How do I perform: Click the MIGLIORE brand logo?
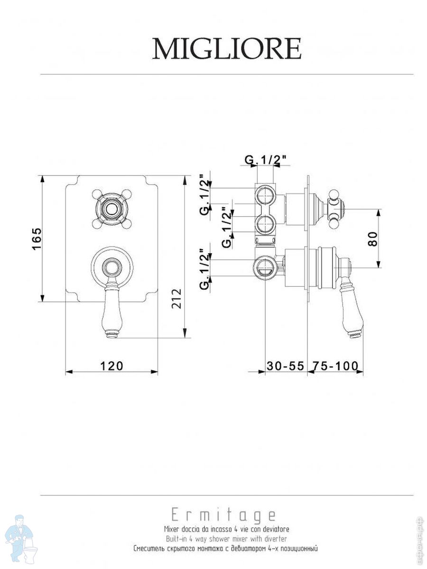point(226,48)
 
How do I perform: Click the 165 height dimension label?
point(37,239)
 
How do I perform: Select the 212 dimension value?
point(176,298)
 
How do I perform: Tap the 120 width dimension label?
point(111,366)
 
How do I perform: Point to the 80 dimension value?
point(372,239)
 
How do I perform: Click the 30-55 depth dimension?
point(285,366)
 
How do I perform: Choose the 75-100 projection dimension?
point(335,366)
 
